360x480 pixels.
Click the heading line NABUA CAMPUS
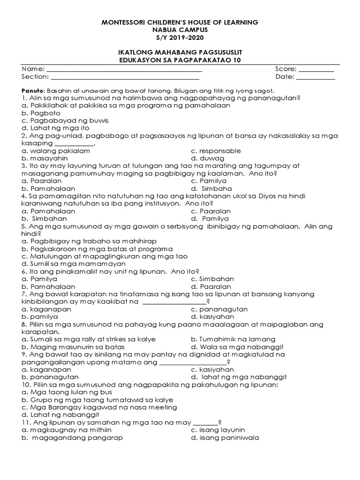click(180, 30)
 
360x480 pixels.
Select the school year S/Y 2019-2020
click(180, 37)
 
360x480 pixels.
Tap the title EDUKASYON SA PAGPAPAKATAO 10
click(180, 60)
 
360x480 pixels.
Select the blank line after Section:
click(125, 78)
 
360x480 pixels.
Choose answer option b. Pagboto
click(41, 113)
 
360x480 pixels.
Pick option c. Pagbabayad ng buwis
click(65, 120)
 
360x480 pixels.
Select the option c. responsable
click(216, 151)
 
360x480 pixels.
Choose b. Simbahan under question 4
click(48, 219)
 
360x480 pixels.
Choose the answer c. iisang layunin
click(218, 430)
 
